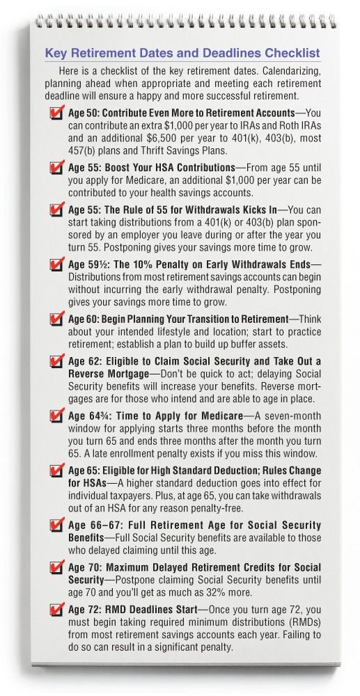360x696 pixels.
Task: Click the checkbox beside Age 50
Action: point(56,114)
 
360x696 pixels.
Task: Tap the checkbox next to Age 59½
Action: point(56,266)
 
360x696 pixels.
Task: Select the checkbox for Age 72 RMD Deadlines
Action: point(56,611)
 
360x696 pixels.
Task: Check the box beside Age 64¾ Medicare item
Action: point(56,416)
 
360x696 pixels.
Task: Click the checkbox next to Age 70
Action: point(56,569)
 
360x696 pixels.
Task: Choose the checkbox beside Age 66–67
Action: point(56,527)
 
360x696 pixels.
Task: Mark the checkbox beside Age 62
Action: point(56,362)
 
